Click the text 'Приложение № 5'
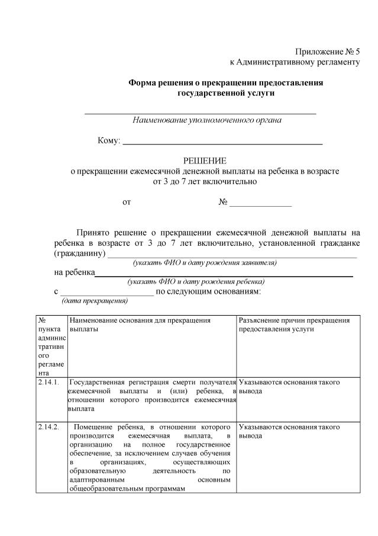click(327, 52)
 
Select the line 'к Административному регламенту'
click(295, 62)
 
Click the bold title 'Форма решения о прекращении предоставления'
click(226, 83)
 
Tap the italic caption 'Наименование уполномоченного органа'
click(207, 120)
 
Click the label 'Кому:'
click(109, 141)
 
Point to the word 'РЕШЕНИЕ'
click(204, 161)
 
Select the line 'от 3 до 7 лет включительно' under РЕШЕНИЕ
click(205, 181)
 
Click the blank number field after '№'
click(260, 203)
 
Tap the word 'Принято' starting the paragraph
click(94, 232)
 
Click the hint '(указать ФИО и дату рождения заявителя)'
click(205, 262)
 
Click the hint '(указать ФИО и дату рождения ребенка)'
click(196, 282)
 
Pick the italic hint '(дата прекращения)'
click(95, 301)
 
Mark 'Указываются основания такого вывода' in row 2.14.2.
click(289, 431)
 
